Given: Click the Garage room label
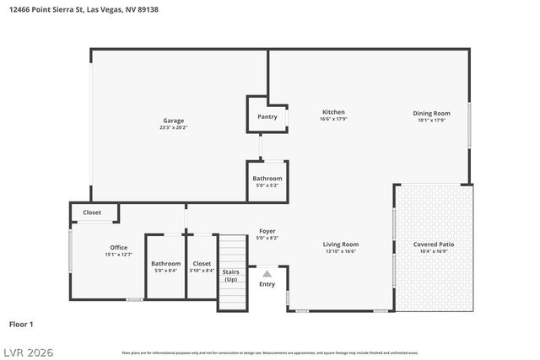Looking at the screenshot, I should pyautogui.click(x=173, y=121).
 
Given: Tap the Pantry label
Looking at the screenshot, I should pyautogui.click(x=267, y=117).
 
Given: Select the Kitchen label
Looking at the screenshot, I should pyautogui.click(x=333, y=112).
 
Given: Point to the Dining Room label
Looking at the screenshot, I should pyautogui.click(x=431, y=113).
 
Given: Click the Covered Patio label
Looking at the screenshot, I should pyautogui.click(x=434, y=244).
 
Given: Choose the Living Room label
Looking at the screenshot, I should pyautogui.click(x=341, y=244).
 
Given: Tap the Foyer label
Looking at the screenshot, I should pyautogui.click(x=267, y=231).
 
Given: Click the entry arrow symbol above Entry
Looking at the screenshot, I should pyautogui.click(x=267, y=273).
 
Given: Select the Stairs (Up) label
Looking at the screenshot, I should pyautogui.click(x=230, y=275).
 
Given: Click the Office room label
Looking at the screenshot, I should pyautogui.click(x=118, y=247).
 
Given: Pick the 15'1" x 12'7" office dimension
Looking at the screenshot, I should pyautogui.click(x=118, y=254).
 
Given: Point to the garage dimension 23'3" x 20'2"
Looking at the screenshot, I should pyautogui.click(x=173, y=127).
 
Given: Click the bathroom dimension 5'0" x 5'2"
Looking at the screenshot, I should pyautogui.click(x=267, y=185).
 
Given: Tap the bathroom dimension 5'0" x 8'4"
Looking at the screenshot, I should pyautogui.click(x=165, y=270).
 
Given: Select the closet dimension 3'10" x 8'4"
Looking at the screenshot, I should pyautogui.click(x=202, y=270).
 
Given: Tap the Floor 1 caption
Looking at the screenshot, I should pyautogui.click(x=21, y=324).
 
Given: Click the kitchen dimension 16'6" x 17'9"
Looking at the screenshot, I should pyautogui.click(x=333, y=119).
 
